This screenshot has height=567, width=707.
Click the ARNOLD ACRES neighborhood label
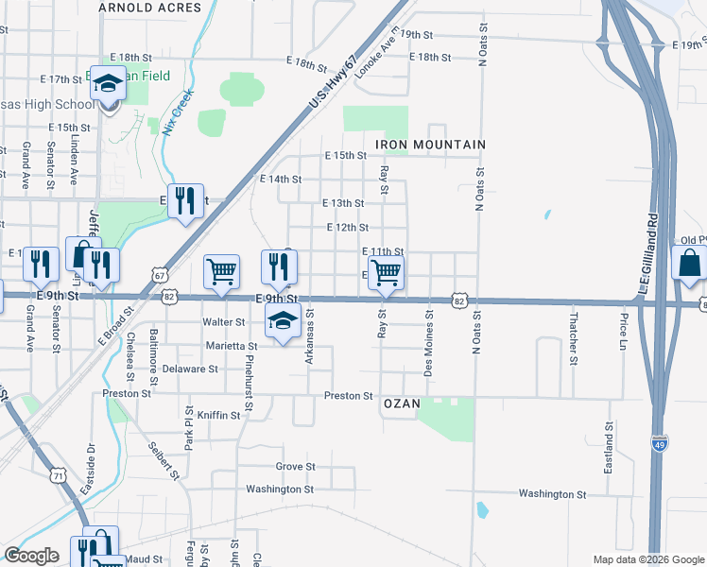click(x=150, y=8)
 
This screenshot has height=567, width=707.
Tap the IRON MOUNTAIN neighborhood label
click(x=430, y=145)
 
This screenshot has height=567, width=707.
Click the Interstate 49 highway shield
click(x=658, y=441)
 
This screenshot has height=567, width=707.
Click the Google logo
click(x=31, y=556)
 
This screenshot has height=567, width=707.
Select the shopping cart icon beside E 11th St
click(x=386, y=272)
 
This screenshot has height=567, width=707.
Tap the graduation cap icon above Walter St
click(x=281, y=320)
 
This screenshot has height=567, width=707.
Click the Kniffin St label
click(x=220, y=415)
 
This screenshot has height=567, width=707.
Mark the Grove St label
click(x=295, y=467)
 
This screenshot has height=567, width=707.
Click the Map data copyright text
click(x=647, y=559)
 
